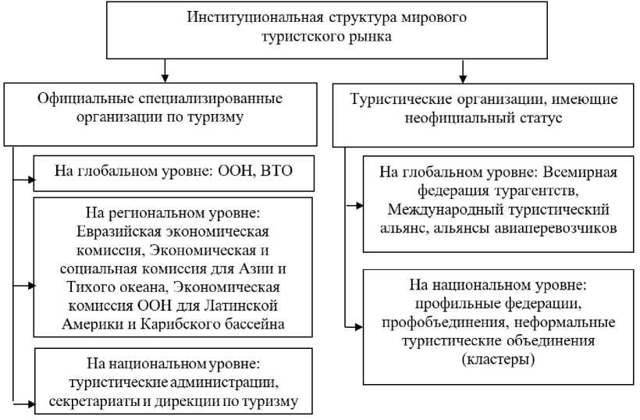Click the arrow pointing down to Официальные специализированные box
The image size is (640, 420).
[x=165, y=76]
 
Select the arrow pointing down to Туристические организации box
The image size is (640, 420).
[x=463, y=76]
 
